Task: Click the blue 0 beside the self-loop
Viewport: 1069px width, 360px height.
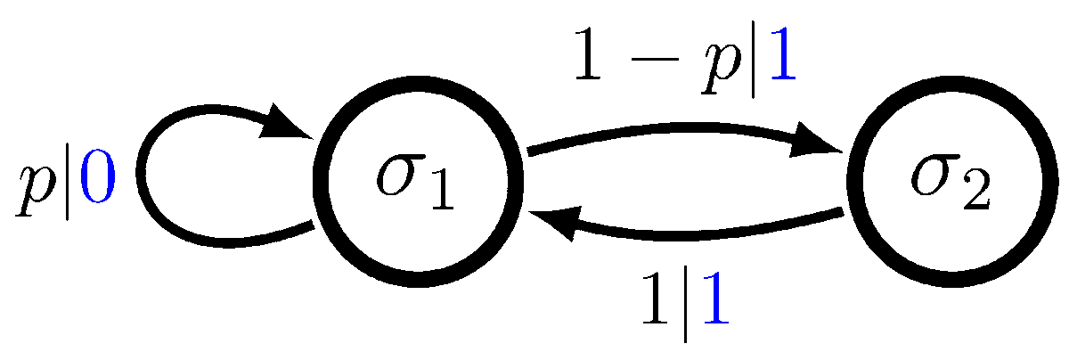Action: point(97,182)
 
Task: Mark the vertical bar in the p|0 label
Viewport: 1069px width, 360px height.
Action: point(68,183)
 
